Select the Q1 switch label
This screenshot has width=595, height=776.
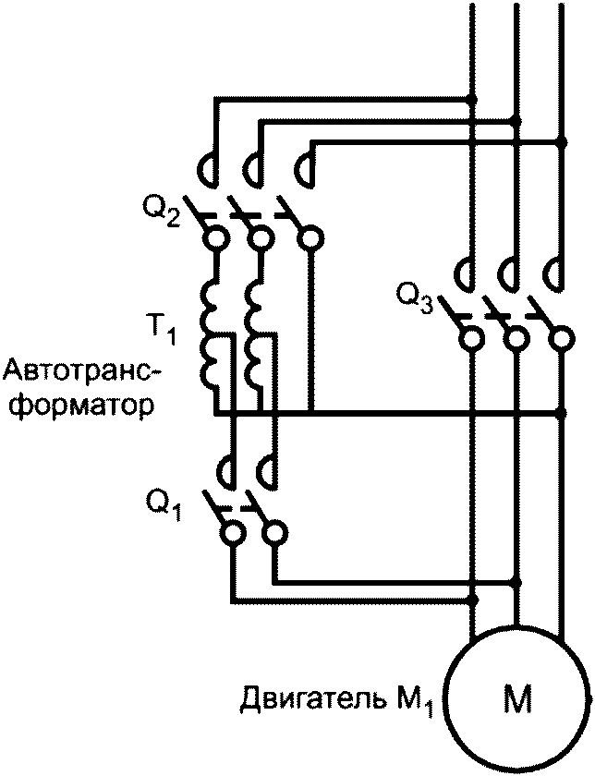(x=163, y=504)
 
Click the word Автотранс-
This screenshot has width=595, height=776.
(x=81, y=371)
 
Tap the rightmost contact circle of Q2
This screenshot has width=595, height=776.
(x=310, y=240)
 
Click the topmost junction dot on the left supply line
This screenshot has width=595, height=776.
(x=472, y=98)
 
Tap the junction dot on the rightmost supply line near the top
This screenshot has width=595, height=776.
(x=561, y=143)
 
